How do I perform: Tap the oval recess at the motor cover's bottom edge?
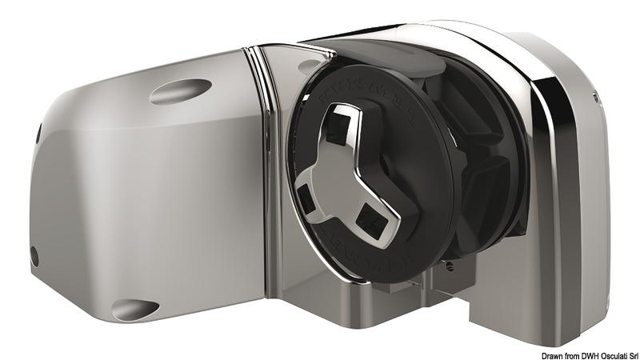pyautogui.click(x=137, y=307)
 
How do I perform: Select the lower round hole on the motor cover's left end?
pyautogui.click(x=34, y=255)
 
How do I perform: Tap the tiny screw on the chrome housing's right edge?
pyautogui.click(x=596, y=98)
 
